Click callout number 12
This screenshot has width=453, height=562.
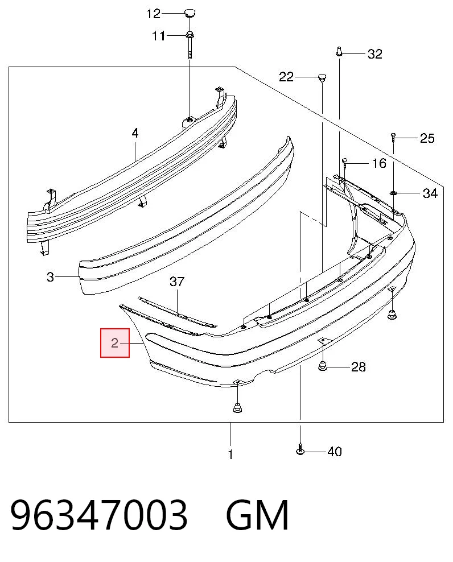[153, 14]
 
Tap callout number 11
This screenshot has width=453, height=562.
[159, 36]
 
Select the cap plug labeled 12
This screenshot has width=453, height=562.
[190, 14]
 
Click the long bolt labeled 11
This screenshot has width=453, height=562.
[190, 45]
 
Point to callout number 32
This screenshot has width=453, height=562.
[375, 54]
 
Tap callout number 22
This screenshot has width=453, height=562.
[286, 77]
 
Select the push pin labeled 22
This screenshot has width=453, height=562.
[323, 78]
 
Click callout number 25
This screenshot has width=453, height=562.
[427, 138]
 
